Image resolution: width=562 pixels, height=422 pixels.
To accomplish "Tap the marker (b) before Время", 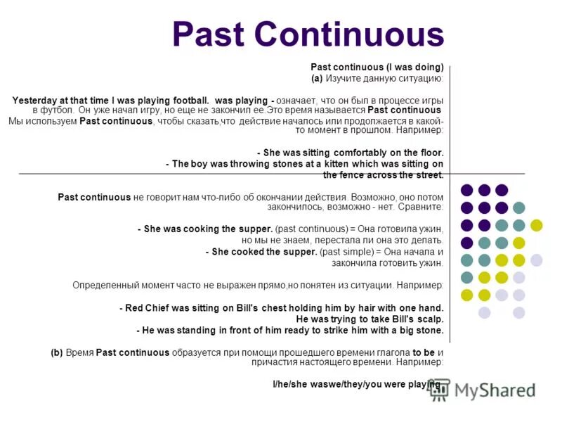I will coord(57,353).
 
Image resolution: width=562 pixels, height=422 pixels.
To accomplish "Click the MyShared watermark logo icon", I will coord(440,389).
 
